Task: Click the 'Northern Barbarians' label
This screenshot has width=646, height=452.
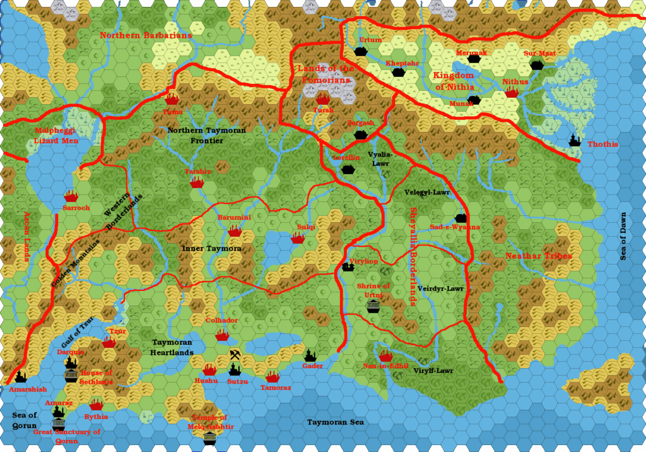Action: tap(146, 35)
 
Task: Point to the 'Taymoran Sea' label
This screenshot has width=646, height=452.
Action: tap(336, 422)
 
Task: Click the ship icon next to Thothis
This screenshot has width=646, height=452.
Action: tap(575, 140)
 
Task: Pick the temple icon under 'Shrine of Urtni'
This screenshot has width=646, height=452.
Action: tap(373, 306)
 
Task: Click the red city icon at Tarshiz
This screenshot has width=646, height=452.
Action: tap(197, 182)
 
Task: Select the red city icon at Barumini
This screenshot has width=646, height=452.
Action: tap(235, 231)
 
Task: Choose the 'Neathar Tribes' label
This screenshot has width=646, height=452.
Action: tap(539, 256)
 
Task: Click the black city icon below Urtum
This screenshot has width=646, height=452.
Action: tap(360, 51)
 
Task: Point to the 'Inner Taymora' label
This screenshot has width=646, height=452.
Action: tap(212, 249)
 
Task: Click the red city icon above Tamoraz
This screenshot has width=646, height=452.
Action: tap(272, 377)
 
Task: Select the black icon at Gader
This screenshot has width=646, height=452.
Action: tap(310, 356)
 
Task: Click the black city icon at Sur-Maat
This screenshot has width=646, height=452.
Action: tap(537, 64)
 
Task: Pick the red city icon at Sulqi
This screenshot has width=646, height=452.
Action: tap(298, 238)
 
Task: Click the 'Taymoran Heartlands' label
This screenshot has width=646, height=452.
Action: tap(172, 347)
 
